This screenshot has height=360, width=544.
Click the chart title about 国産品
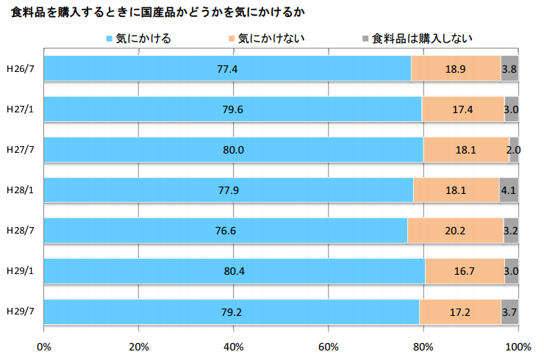[x=155, y=12]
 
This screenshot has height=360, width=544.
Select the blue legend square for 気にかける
[x=110, y=38]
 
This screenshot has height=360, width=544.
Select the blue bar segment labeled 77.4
[x=227, y=69]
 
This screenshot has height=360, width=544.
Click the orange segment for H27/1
[x=463, y=109]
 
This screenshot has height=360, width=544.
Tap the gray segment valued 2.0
[x=514, y=150]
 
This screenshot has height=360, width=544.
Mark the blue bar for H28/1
[x=229, y=190]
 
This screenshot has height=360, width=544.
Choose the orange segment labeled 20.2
[x=456, y=231]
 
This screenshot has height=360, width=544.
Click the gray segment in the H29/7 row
[x=510, y=312]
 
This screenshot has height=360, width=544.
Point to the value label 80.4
[x=234, y=271]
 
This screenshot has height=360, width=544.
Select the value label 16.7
[x=465, y=271]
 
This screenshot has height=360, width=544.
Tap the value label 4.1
[x=508, y=190]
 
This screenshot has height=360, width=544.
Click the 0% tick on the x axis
[x=44, y=346]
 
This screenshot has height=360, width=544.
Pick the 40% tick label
[x=234, y=346]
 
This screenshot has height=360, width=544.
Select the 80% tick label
[x=423, y=346]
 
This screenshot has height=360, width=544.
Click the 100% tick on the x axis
[x=518, y=346]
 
